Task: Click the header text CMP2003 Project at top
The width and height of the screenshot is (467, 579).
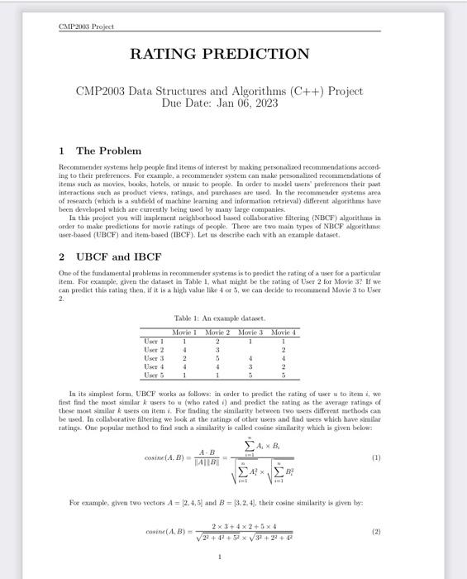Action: (86, 26)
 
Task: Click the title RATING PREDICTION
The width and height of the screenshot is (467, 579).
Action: (219, 55)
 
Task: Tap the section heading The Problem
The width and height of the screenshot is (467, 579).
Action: (108, 151)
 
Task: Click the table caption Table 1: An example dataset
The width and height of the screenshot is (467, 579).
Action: (218, 318)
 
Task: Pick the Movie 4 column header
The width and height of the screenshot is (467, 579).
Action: (283, 332)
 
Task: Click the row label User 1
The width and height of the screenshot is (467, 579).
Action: (153, 341)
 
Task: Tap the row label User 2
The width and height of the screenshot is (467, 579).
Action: (153, 349)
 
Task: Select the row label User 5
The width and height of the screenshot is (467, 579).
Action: (153, 375)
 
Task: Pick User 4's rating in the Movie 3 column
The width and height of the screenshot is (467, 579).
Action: (250, 366)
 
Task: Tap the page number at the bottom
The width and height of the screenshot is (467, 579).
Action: (219, 557)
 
